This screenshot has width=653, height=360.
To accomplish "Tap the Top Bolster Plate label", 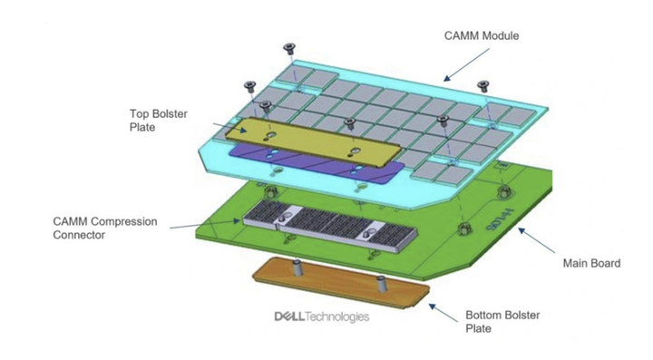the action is (152, 121).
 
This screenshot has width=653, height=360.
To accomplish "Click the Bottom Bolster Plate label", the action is (503, 322).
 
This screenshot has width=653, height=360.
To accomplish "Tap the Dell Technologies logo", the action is (321, 316).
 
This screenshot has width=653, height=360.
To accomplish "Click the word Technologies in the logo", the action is (337, 316).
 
